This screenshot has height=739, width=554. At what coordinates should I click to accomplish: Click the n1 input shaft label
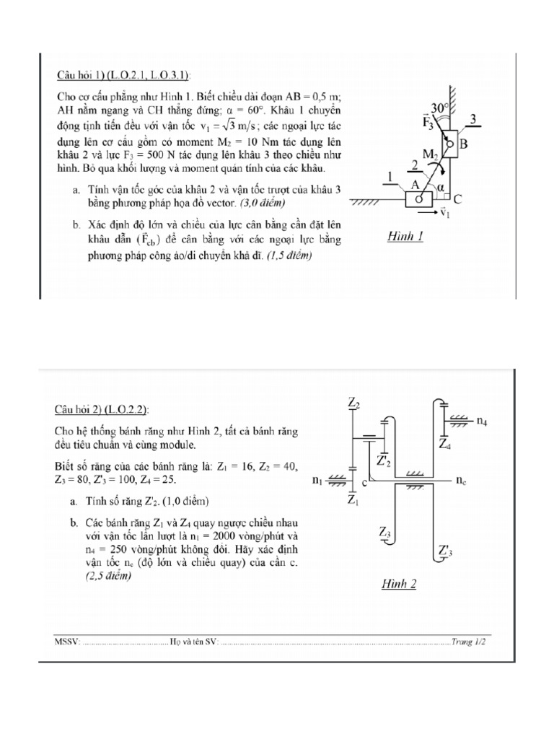317,481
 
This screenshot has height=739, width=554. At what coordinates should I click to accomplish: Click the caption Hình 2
397,585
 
